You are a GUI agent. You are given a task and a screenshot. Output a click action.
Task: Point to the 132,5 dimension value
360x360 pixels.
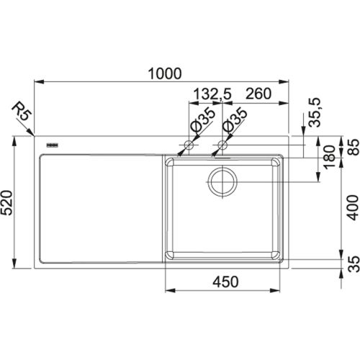tap(215, 94)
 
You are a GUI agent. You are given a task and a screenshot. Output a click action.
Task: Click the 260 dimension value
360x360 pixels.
tap(258, 94)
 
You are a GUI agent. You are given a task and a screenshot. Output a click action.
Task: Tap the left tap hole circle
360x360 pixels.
tap(188, 147)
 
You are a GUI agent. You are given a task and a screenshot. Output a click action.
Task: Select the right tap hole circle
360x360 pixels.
tap(222, 147)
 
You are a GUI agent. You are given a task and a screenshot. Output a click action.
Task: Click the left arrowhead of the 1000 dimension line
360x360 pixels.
tap(37, 82)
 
